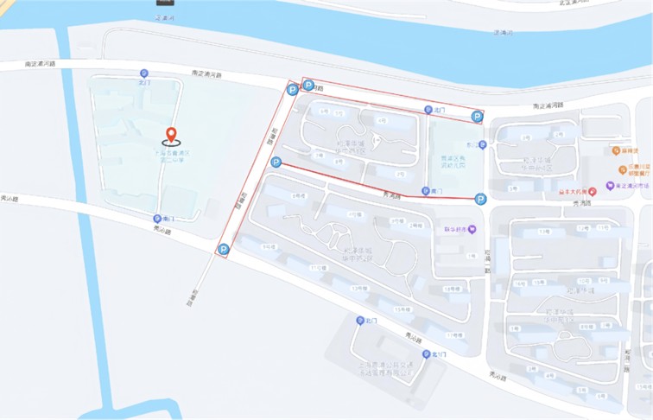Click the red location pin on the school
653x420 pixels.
click(171, 135)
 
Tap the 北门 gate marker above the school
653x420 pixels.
click(143, 73)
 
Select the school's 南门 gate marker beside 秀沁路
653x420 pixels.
click(156, 219)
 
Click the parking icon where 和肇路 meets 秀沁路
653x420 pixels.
click(223, 250)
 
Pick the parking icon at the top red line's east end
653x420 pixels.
click(477, 117)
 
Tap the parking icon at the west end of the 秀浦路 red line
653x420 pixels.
click(276, 162)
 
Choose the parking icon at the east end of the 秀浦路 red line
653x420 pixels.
click(479, 199)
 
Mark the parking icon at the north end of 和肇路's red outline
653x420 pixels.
click(292, 88)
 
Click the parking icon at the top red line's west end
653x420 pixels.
click(307, 85)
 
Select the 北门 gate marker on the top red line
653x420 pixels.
click(427, 110)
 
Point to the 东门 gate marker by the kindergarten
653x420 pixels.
click(484, 144)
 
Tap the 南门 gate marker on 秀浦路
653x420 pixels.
click(424, 190)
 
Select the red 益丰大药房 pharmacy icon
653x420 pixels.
click(593, 191)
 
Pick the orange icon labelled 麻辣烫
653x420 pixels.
click(622, 150)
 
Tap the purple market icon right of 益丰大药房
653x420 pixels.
click(609, 184)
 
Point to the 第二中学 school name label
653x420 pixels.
click(171, 156)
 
